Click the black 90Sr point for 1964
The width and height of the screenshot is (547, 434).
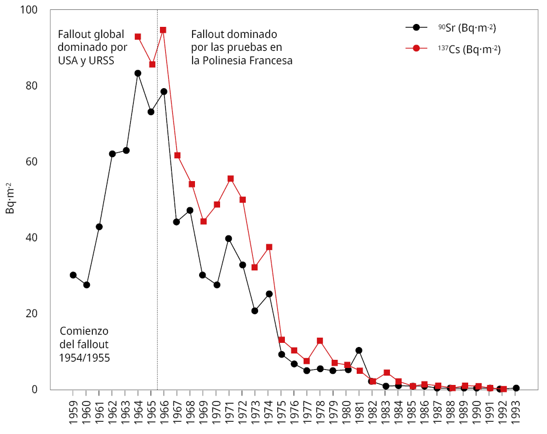[x=138, y=74]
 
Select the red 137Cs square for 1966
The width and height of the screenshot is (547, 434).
[x=163, y=30]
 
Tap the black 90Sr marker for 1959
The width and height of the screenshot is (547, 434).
[x=73, y=275]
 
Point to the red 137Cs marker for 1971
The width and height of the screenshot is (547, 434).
[x=231, y=179]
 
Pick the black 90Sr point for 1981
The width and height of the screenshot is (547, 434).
[x=359, y=350]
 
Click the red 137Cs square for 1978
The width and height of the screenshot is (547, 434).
[x=320, y=341]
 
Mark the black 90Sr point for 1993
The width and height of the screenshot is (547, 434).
[x=516, y=388]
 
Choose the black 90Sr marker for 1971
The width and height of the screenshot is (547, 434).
[x=229, y=238]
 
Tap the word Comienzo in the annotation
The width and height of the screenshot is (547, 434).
[x=85, y=331]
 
